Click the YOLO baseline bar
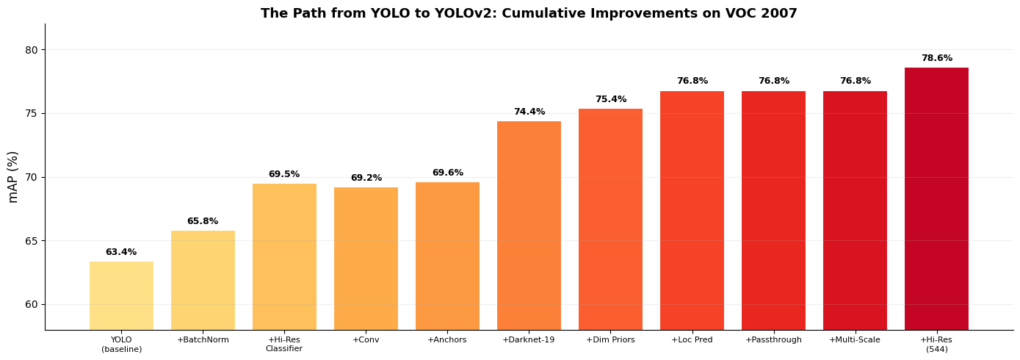pyautogui.click(x=121, y=295)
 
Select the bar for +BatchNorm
pyautogui.click(x=203, y=280)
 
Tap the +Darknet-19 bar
pyautogui.click(x=529, y=225)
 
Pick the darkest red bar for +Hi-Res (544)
pyautogui.click(x=936, y=198)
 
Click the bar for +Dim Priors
pyautogui.click(x=610, y=219)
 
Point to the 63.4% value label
pyautogui.click(x=121, y=252)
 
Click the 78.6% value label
pyautogui.click(x=936, y=58)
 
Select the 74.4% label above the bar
pyautogui.click(x=529, y=112)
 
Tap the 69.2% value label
pyautogui.click(x=366, y=178)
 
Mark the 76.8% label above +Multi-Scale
pyautogui.click(x=855, y=81)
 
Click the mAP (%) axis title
pyautogui.click(x=13, y=176)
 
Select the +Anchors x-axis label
pyautogui.click(x=447, y=340)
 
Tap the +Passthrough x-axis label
pyautogui.click(x=773, y=340)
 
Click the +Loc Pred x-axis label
pyautogui.click(x=692, y=340)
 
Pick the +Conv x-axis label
pyautogui.click(x=366, y=340)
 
